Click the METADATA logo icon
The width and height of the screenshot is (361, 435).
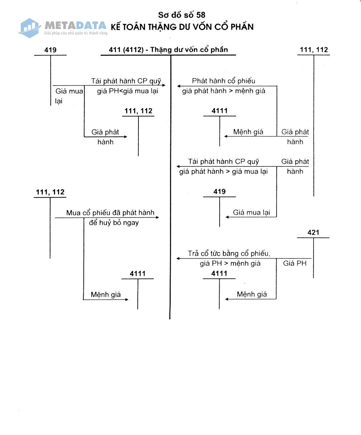30,28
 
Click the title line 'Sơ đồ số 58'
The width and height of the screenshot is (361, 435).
182,15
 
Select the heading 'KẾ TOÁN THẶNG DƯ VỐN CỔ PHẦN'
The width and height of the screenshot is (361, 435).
182,27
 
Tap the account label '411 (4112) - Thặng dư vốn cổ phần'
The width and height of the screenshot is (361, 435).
168,50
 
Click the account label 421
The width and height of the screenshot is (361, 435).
313,232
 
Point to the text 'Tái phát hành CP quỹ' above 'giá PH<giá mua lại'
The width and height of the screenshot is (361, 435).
126,81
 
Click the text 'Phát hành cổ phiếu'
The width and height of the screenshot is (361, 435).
224,80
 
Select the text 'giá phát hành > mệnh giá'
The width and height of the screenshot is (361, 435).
224,91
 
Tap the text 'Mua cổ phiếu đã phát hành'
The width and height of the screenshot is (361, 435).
110,212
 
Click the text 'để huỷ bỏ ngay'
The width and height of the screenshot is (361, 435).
114,223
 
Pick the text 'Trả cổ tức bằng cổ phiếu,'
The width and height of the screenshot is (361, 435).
229,253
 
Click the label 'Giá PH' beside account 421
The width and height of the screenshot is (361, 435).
295,263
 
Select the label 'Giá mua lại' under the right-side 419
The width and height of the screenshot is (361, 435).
252,212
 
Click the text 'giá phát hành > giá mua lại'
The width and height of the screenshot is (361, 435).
223,171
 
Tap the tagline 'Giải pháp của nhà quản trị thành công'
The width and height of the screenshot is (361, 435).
76,33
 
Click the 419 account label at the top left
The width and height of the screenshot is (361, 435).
50,50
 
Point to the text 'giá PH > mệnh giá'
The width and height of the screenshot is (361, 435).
230,263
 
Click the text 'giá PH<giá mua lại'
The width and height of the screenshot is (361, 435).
128,91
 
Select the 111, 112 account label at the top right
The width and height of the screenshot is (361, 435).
314,50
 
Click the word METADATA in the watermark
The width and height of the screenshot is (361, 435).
75,25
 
